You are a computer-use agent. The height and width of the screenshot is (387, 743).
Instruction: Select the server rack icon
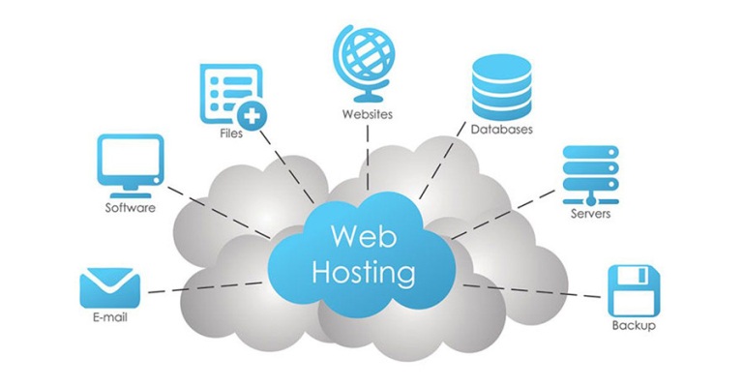pyautogui.click(x=589, y=172)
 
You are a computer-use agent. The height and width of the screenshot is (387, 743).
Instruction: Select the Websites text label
pyautogui.click(x=368, y=114)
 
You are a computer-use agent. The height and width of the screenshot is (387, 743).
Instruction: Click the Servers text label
pyautogui.click(x=590, y=213)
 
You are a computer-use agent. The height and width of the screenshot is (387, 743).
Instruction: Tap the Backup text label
pyautogui.click(x=634, y=326)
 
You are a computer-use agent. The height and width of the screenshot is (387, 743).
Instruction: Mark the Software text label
pyautogui.click(x=130, y=207)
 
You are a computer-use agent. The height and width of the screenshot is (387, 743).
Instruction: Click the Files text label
pyautogui.click(x=231, y=134)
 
